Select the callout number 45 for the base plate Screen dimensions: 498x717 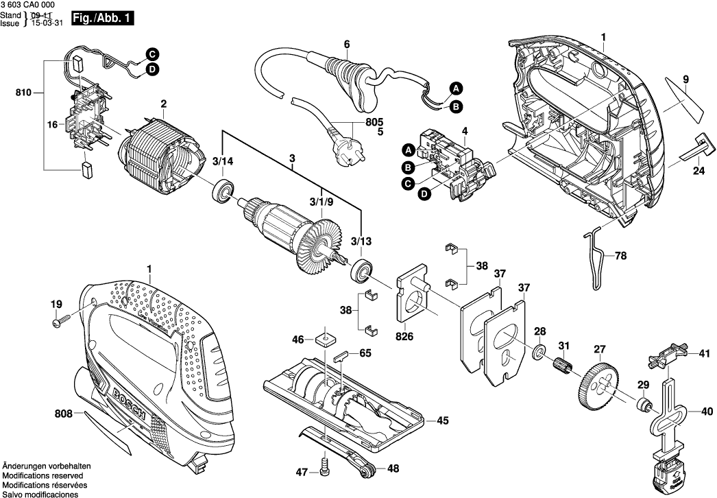tap(442, 420)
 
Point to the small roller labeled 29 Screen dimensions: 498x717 tap(643, 405)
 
